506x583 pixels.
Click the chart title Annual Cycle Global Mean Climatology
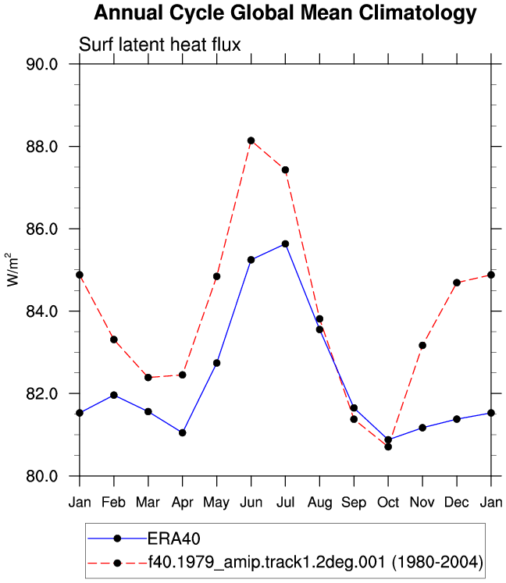[285, 13]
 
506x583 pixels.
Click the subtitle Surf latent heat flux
[159, 44]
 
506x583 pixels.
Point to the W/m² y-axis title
[12, 269]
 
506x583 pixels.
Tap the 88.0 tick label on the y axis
[42, 147]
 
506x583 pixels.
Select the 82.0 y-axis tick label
[42, 393]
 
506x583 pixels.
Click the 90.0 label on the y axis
[42, 64]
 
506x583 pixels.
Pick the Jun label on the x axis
[251, 503]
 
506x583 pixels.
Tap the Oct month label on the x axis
[388, 503]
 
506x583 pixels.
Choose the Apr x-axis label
[182, 503]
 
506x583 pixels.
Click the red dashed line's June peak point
[251, 140]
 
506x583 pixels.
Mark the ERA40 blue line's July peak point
[285, 244]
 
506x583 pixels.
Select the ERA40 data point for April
[182, 433]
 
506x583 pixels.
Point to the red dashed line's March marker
[148, 378]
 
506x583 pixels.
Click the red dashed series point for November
[422, 346]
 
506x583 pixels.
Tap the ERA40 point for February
[114, 395]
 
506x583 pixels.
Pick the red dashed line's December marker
[457, 283]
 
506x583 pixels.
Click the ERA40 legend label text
[174, 539]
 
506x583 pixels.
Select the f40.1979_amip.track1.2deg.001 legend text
[315, 562]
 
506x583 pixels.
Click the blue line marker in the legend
[118, 539]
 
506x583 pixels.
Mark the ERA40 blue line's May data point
[216, 363]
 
